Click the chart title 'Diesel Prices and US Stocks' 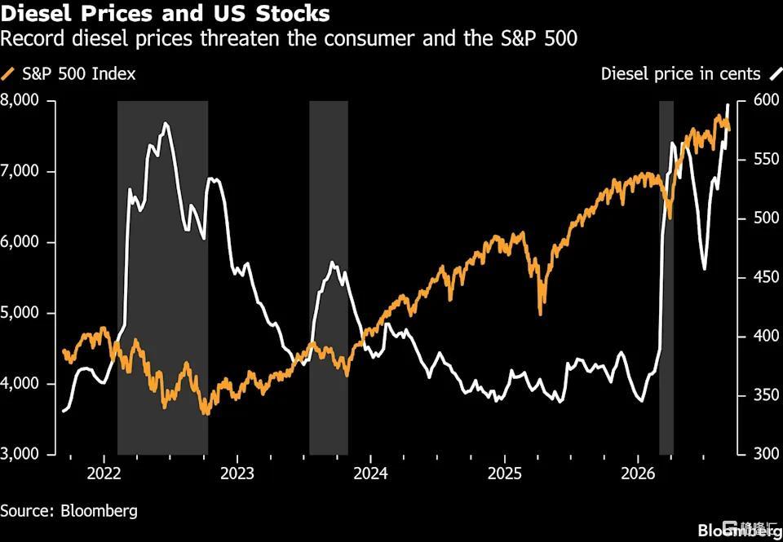click(165, 13)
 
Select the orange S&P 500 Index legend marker click(8, 74)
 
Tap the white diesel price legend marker click(776, 74)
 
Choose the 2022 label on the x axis click(104, 474)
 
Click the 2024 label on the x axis click(370, 474)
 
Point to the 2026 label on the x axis click(638, 474)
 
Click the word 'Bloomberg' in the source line click(99, 511)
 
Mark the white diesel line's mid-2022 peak click(166, 123)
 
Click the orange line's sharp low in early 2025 click(540, 314)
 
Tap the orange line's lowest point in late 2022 click(206, 413)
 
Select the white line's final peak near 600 click(728, 105)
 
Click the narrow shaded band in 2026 click(666, 277)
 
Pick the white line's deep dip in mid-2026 click(704, 268)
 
